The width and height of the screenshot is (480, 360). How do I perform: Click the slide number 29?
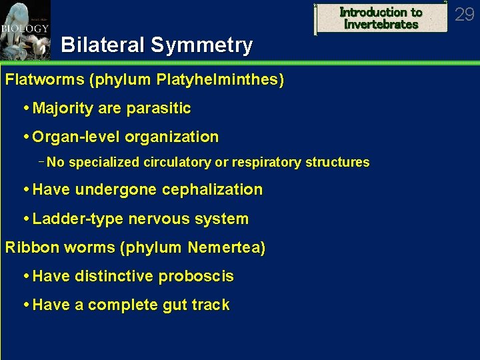tap(465, 15)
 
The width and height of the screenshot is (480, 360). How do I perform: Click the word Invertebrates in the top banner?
tap(381, 25)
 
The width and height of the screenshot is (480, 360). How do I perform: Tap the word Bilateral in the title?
tap(103, 45)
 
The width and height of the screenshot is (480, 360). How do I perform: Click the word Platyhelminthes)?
tap(220, 81)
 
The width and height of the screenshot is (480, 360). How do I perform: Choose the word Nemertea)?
tap(227, 248)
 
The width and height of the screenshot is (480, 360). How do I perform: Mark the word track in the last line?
tap(212, 305)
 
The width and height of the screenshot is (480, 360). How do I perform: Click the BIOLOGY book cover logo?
tap(25, 29)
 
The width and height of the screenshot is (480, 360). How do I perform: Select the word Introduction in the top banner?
tap(381, 12)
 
